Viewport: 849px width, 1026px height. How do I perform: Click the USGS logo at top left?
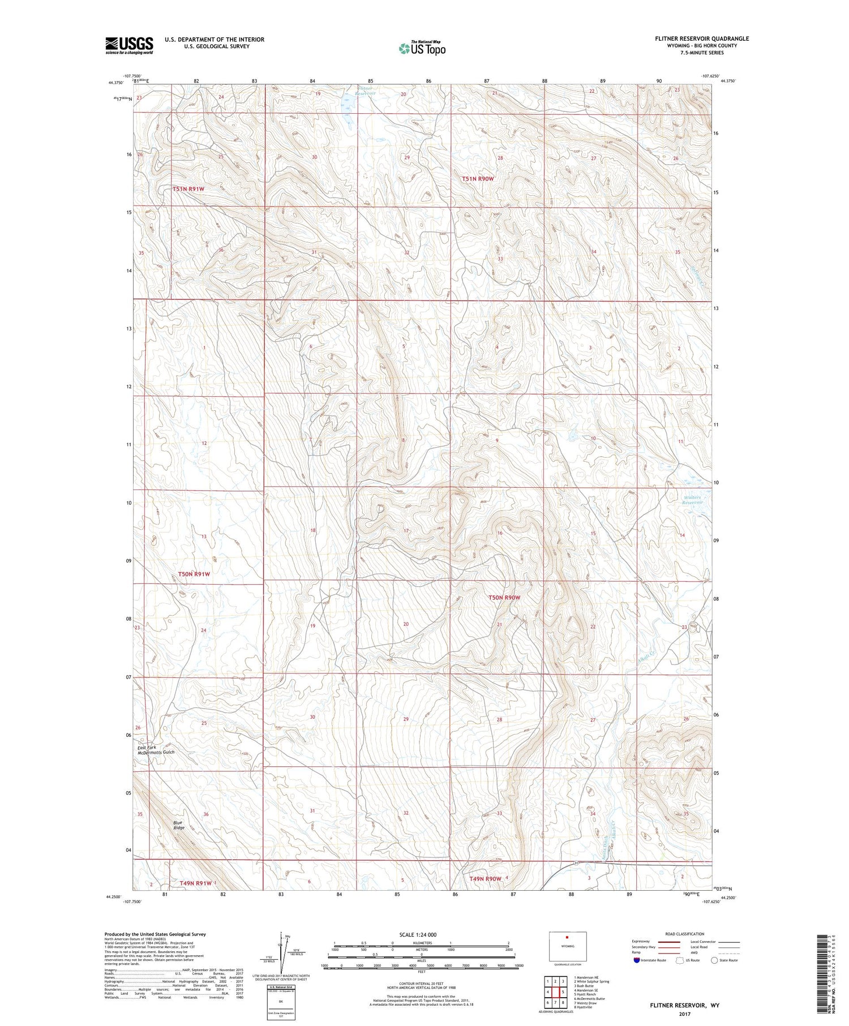[129, 45]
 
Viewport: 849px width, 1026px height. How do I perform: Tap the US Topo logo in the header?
[422, 49]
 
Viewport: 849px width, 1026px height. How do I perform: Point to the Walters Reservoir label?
[692, 500]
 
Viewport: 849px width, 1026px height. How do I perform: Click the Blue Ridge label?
[179, 825]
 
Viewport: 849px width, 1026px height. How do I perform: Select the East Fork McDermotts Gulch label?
[156, 750]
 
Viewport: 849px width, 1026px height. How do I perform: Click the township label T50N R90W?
[504, 598]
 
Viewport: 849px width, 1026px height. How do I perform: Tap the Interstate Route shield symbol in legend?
[637, 960]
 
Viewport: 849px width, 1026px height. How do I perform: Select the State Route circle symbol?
[714, 960]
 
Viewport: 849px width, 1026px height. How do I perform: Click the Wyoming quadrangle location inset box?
[567, 946]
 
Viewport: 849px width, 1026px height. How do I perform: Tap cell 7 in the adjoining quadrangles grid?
[548, 1002]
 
